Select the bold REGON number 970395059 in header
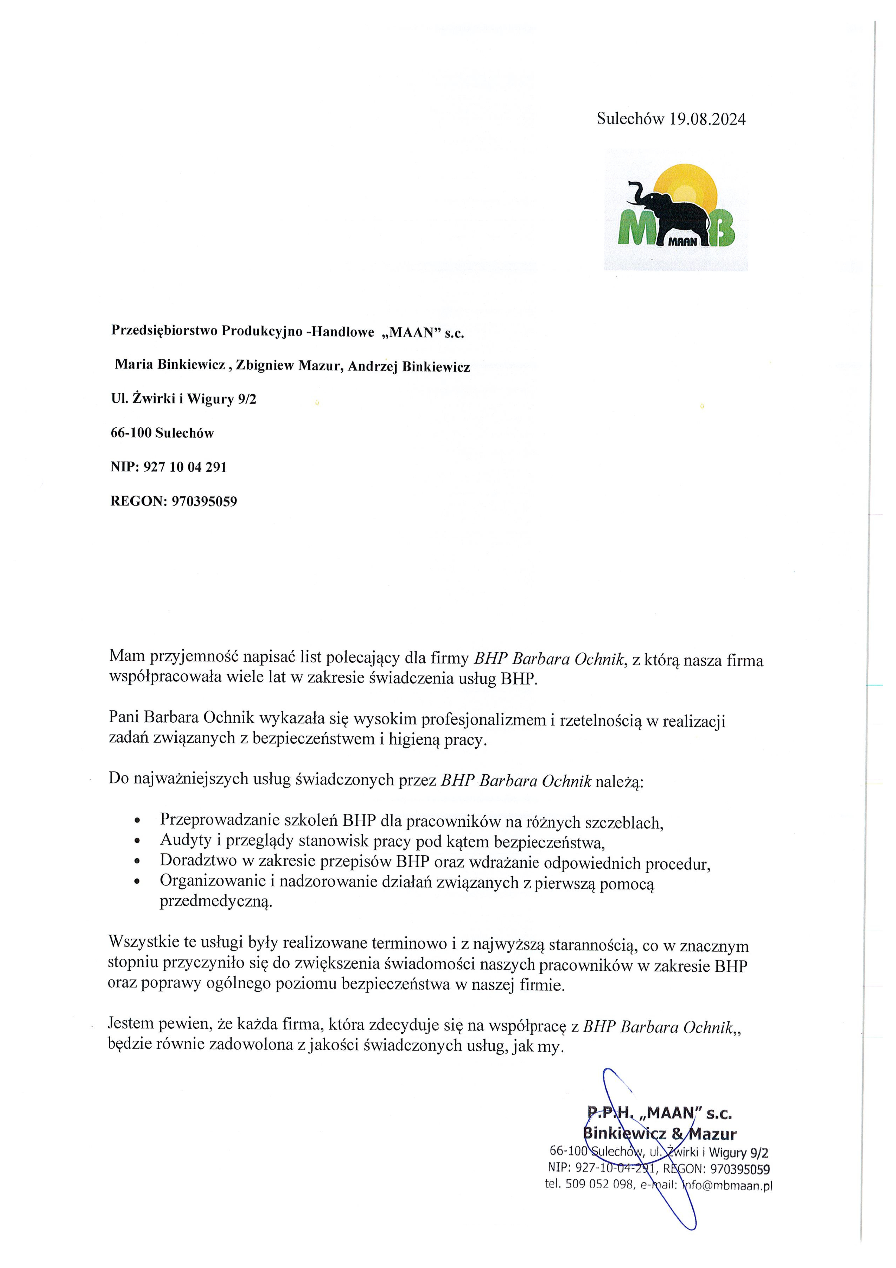pyautogui.click(x=204, y=502)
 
